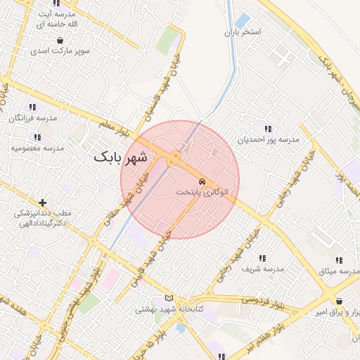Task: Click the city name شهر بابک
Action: pos(121,157)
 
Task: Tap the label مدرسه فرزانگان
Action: pos(32,118)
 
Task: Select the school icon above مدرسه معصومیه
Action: pos(37,137)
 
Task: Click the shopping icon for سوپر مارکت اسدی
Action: pos(59,41)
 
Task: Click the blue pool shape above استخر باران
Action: pos(243,21)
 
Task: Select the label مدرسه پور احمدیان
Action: pos(269,140)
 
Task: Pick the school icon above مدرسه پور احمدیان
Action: pos(267,128)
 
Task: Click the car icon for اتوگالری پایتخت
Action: pos(202,180)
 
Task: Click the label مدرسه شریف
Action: pos(262,269)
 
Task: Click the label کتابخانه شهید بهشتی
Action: pos(169,309)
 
